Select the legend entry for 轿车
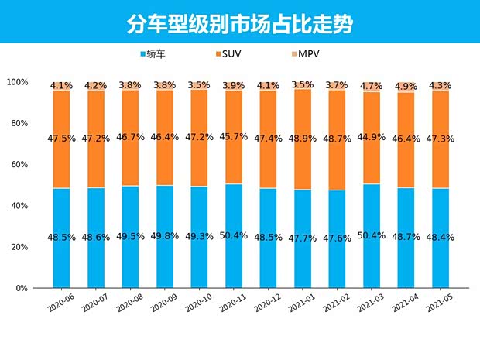[157, 55]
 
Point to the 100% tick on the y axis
[17, 82]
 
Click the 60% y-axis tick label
[19, 165]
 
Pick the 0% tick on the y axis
[21, 288]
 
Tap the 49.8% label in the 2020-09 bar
[165, 238]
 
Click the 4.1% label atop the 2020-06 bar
[61, 85]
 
